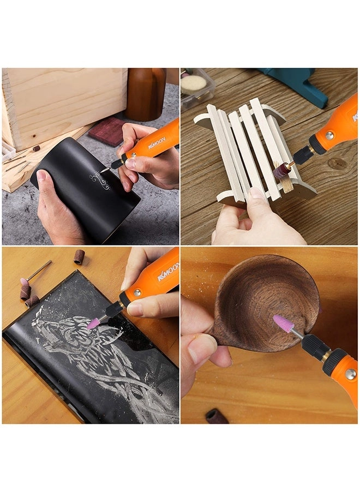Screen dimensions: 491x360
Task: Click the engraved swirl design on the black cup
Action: [x=100, y=180]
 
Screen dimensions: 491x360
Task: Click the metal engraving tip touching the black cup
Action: [x=111, y=167]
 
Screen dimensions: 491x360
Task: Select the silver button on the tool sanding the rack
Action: [x=329, y=135]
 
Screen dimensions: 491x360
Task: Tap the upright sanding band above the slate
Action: [x=79, y=256]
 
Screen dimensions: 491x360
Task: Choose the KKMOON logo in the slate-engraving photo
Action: [x=167, y=271]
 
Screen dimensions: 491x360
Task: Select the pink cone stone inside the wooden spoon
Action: [x=283, y=324]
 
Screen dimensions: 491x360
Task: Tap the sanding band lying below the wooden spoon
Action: [x=217, y=417]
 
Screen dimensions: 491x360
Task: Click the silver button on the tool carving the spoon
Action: [x=350, y=374]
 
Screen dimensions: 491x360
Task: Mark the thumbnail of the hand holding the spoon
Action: [x=198, y=348]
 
